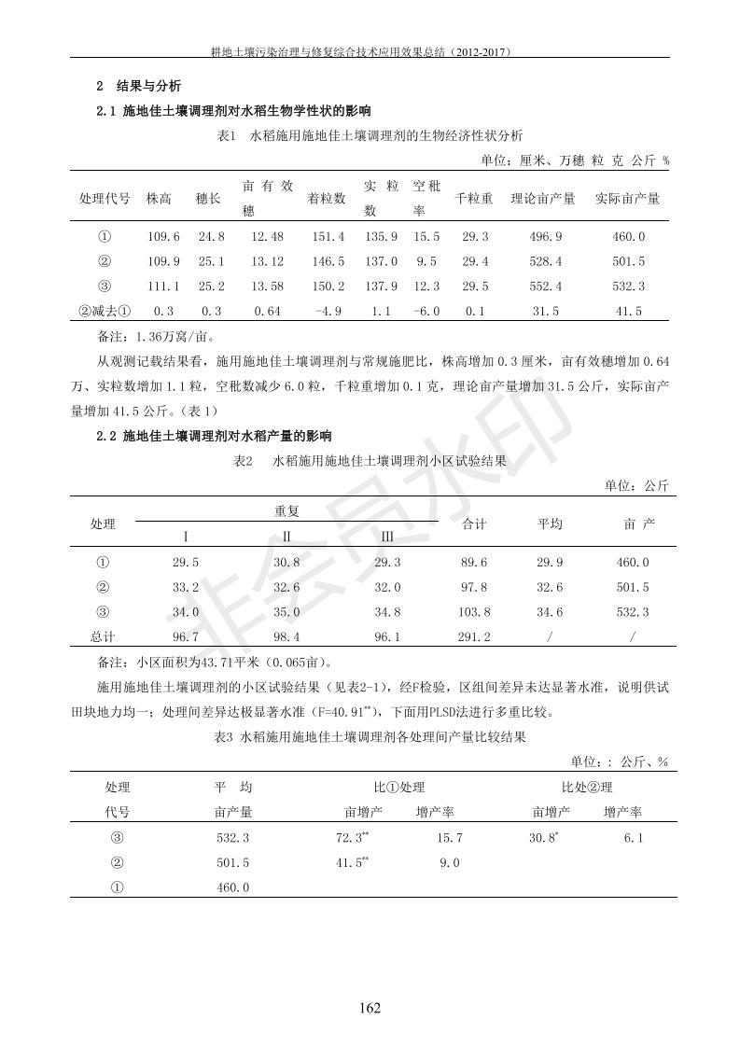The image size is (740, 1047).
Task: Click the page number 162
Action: (x=370, y=1007)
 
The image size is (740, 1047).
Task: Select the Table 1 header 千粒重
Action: (x=474, y=199)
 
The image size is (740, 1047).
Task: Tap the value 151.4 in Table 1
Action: (x=327, y=237)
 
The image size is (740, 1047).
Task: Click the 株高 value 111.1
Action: (x=164, y=286)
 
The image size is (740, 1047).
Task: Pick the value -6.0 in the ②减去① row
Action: (x=426, y=312)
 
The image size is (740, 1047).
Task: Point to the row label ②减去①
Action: (x=105, y=312)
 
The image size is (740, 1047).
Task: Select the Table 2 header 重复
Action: (x=286, y=511)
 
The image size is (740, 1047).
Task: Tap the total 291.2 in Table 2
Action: (x=475, y=636)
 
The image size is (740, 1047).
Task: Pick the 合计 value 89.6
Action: (x=475, y=562)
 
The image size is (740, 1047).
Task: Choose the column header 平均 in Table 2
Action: (x=550, y=523)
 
